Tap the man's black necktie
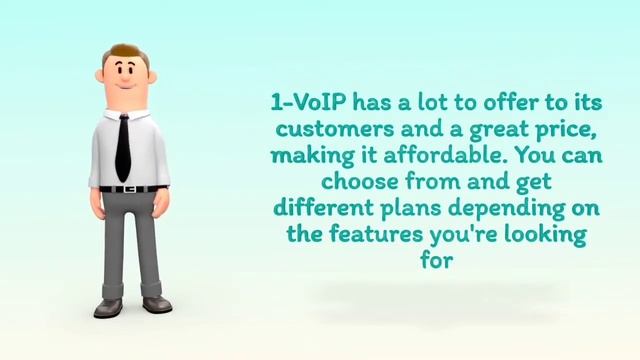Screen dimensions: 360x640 click(123, 145)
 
